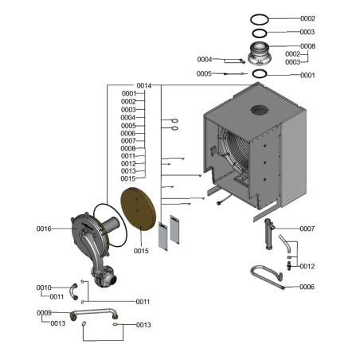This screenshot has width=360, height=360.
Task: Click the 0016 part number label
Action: point(44,229)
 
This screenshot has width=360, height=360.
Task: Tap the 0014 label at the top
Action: point(144,85)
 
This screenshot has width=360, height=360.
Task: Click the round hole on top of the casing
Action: point(260,108)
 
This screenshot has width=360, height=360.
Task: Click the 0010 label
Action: point(44,288)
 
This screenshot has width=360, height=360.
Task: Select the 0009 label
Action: point(44,313)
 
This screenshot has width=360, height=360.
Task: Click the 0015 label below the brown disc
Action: point(141,251)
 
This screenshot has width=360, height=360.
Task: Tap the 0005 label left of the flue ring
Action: point(205,73)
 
